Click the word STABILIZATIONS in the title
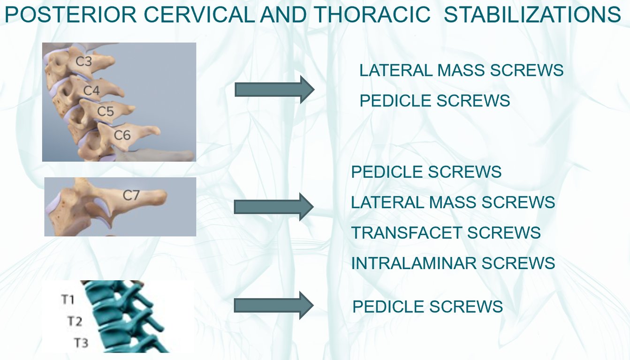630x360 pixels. tap(532, 15)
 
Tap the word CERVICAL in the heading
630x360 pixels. tap(199, 15)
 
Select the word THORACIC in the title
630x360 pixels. tap(372, 15)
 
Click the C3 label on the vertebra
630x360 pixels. tap(84, 61)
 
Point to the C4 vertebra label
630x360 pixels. tap(91, 90)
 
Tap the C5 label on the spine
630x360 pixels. tap(106, 111)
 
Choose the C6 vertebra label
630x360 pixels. tap(122, 135)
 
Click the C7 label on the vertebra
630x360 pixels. tap(131, 195)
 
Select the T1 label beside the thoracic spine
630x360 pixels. tap(68, 300)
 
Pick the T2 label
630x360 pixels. tap(75, 321)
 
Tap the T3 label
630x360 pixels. tap(81, 343)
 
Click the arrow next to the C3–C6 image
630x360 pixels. tap(274, 90)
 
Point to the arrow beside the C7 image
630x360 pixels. tap(273, 207)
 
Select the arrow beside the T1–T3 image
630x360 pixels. tap(273, 306)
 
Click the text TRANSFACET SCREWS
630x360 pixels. tap(446, 232)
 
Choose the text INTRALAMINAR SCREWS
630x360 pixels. tap(453, 263)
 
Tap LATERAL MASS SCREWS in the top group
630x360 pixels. tap(462, 70)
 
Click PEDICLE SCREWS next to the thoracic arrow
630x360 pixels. tap(427, 306)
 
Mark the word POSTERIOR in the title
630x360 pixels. tap(71, 15)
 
